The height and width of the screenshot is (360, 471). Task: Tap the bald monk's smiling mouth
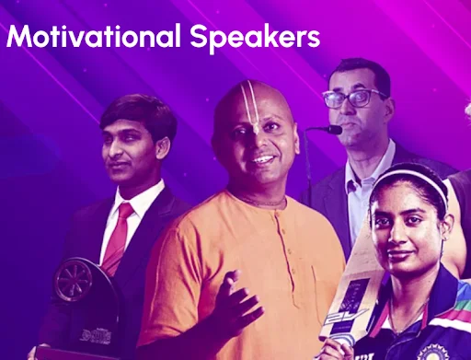[262, 158]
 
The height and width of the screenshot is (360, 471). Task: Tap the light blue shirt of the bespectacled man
[362, 180]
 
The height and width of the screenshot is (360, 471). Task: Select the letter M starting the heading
[17, 38]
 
